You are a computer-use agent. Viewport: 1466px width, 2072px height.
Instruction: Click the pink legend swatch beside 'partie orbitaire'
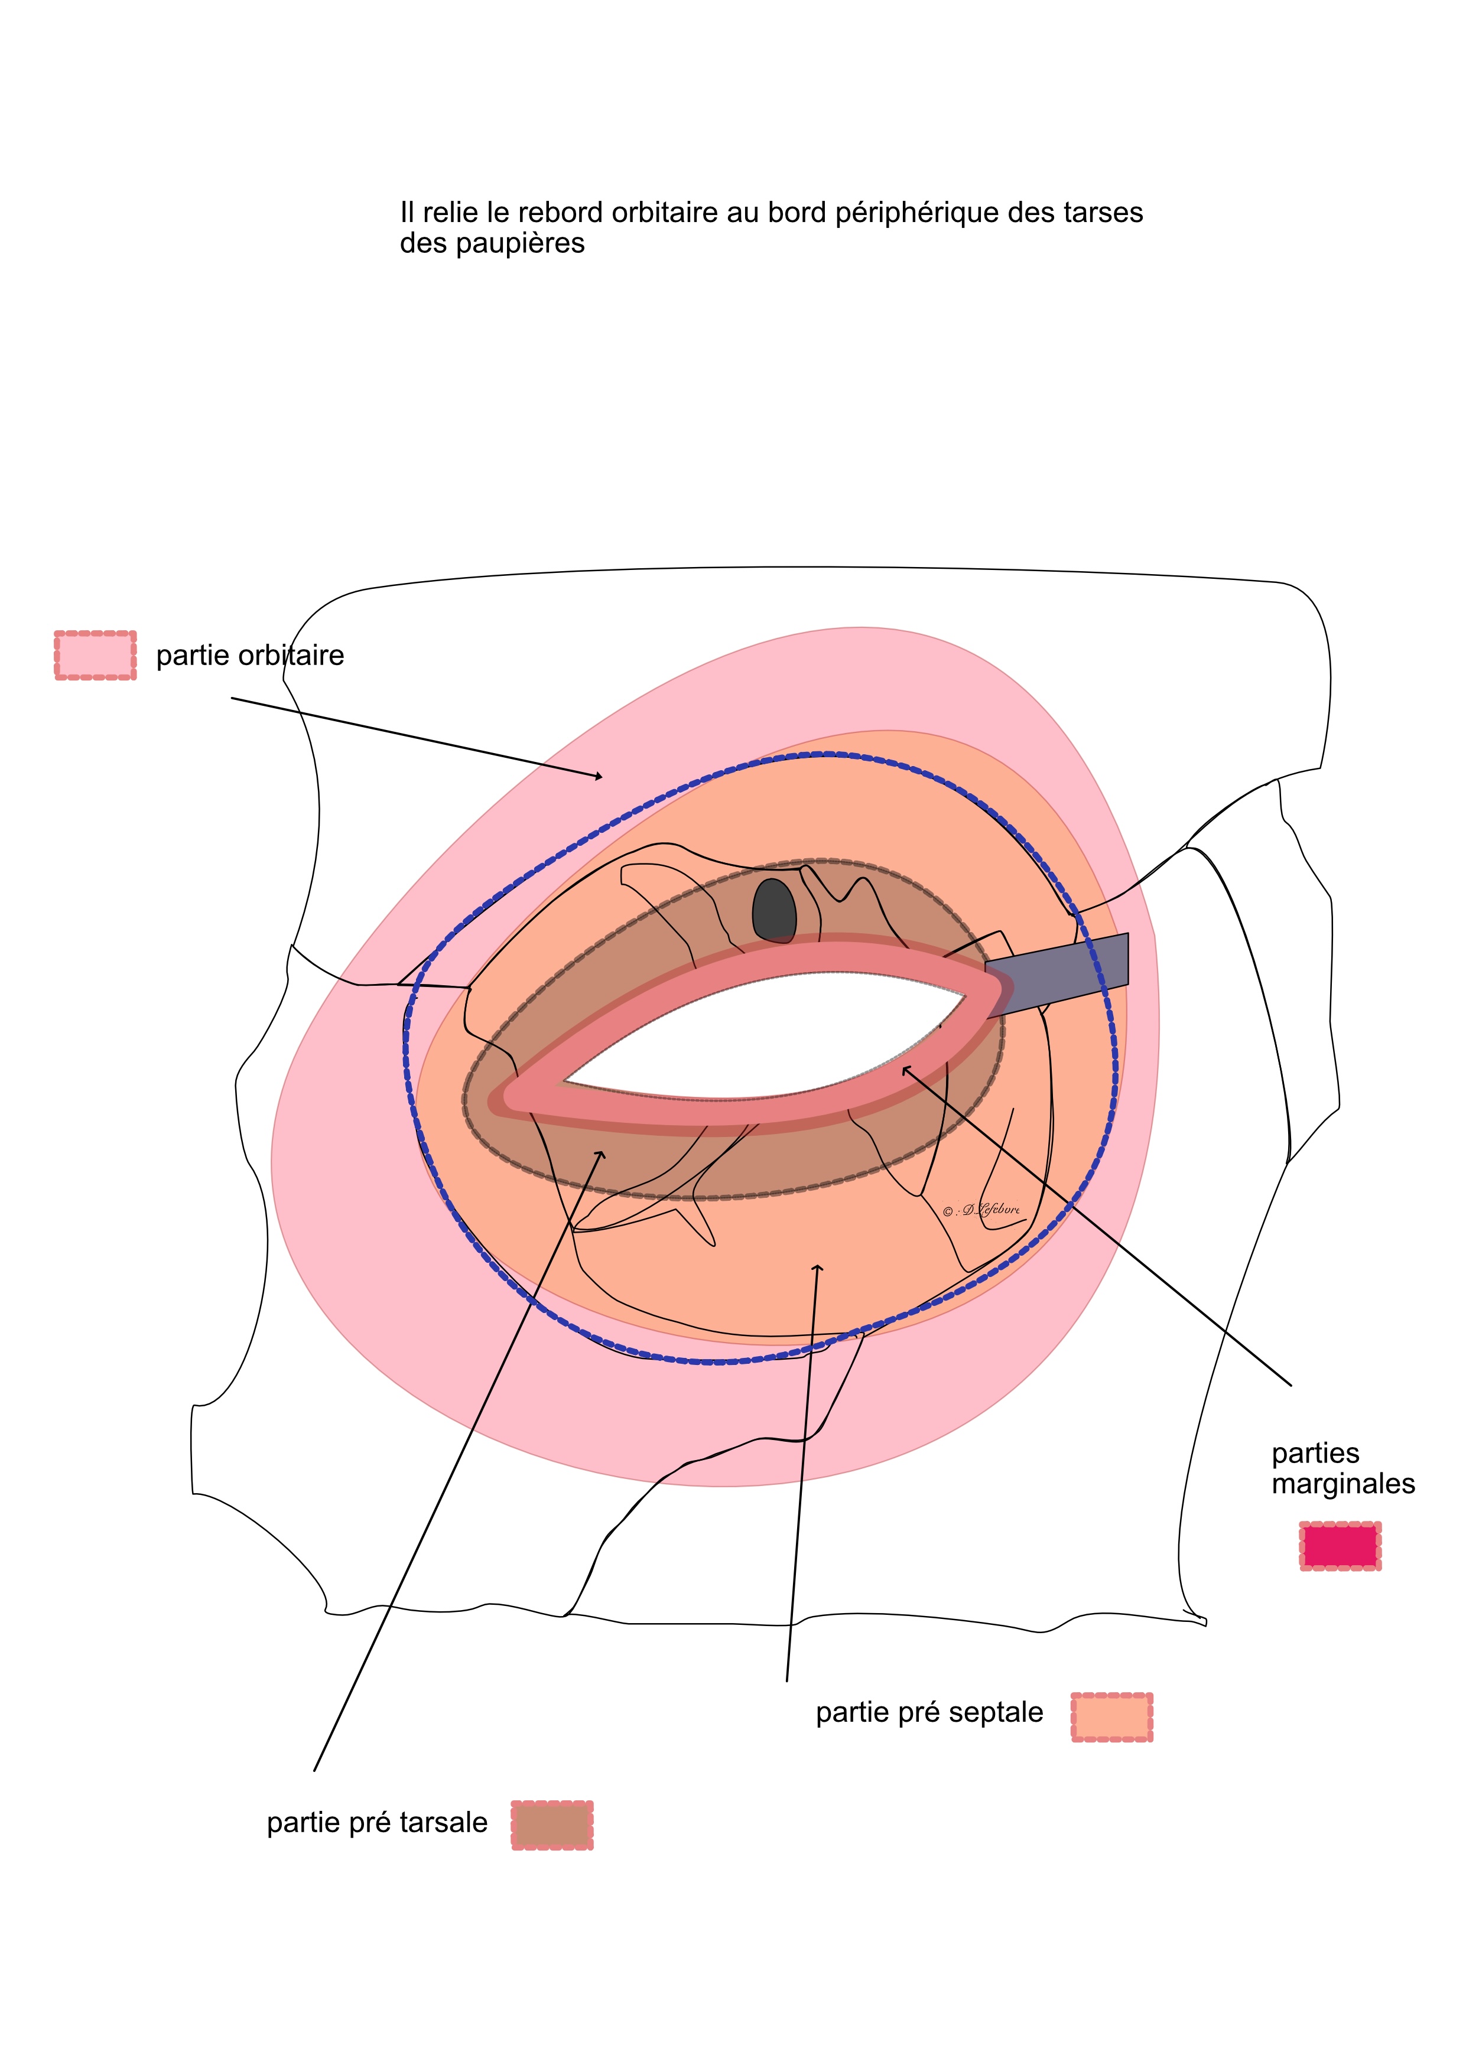point(96,655)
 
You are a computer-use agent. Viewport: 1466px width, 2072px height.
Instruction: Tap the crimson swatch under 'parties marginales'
point(1341,1546)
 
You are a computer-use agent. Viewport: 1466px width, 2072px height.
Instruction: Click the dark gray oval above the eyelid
point(775,911)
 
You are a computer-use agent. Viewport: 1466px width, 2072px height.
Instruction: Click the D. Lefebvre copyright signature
point(981,1210)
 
